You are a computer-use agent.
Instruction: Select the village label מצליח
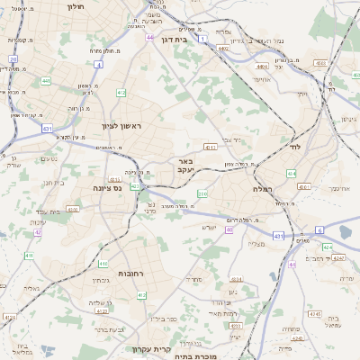pos(255,244)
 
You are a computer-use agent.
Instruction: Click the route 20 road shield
pos(13,58)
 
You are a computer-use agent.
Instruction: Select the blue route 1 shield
pos(204,37)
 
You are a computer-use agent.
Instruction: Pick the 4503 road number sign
pos(320,63)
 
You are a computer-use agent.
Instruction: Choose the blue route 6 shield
pos(319,230)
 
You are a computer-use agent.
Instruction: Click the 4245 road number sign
pos(313,314)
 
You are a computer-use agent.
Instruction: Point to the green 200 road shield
pos(203,194)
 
